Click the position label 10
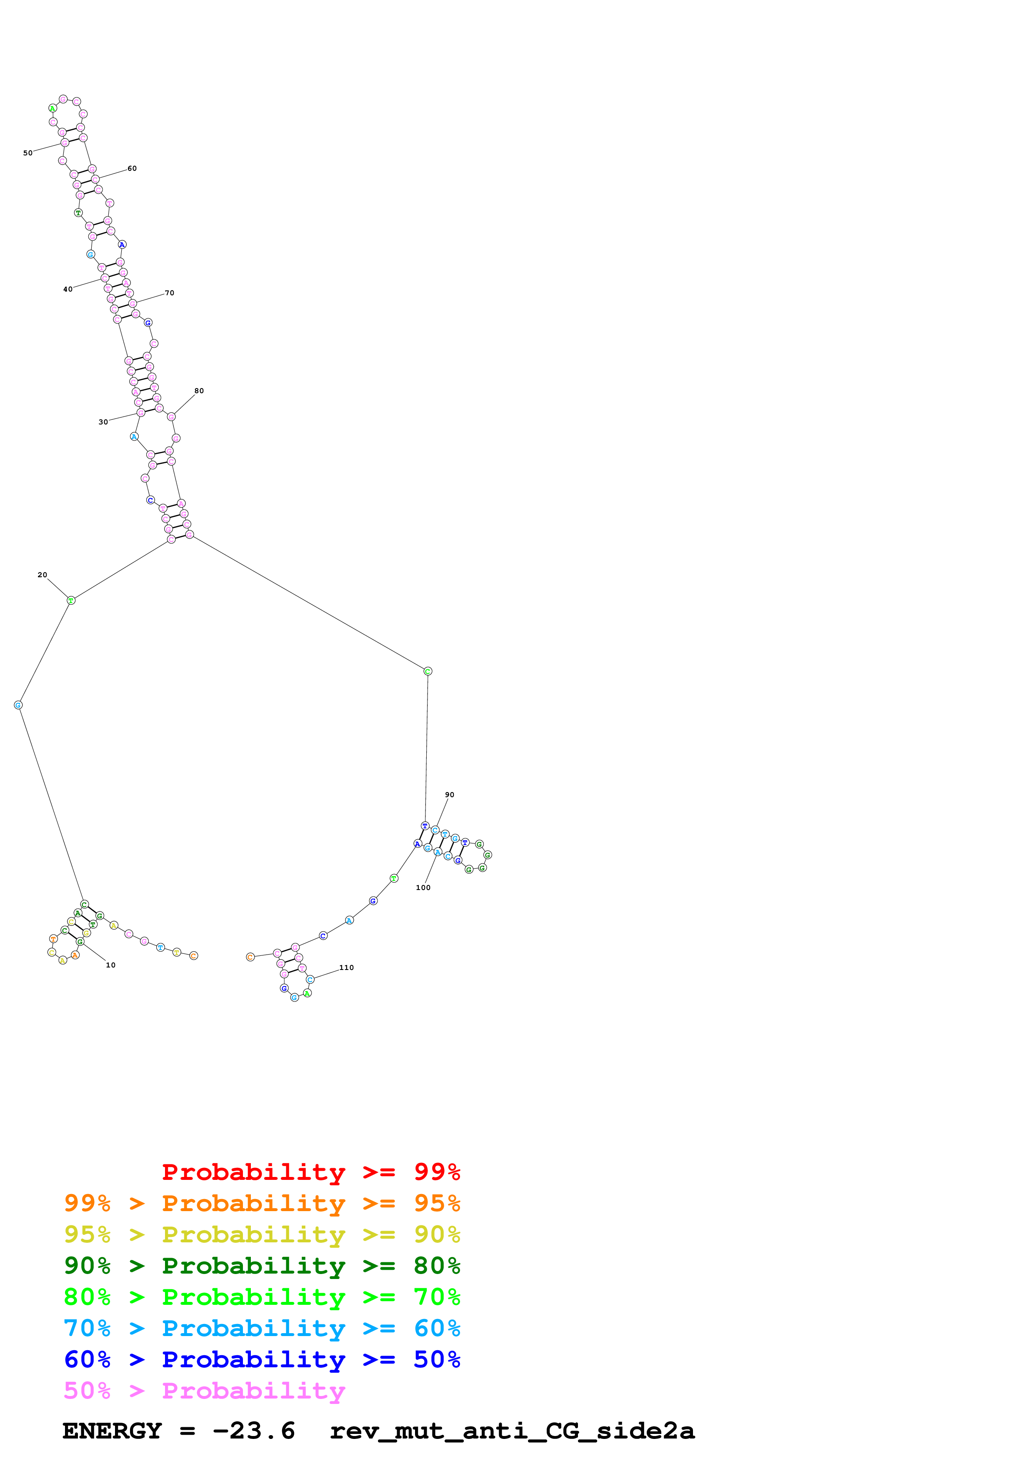(111, 965)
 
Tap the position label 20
(42, 575)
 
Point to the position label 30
(103, 422)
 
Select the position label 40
(68, 289)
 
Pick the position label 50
(28, 153)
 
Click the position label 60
(132, 169)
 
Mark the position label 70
(169, 293)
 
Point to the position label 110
(346, 968)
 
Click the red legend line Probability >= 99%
(310, 1172)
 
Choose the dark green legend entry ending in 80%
(262, 1266)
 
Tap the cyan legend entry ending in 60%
(262, 1328)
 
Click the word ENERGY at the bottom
(112, 1431)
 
